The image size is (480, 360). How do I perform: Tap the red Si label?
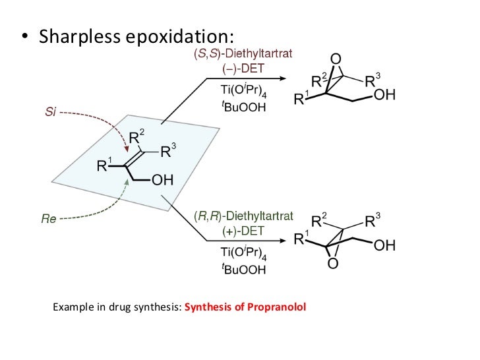[50, 113]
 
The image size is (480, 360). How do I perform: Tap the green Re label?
[49, 220]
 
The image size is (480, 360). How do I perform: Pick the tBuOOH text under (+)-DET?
[243, 269]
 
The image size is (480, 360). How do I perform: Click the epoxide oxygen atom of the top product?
[336, 60]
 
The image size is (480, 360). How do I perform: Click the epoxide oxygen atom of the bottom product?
[332, 264]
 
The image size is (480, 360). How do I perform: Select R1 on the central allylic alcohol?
[106, 165]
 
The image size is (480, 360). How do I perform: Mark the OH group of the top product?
[384, 96]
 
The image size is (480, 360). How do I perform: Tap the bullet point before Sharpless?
[26, 37]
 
